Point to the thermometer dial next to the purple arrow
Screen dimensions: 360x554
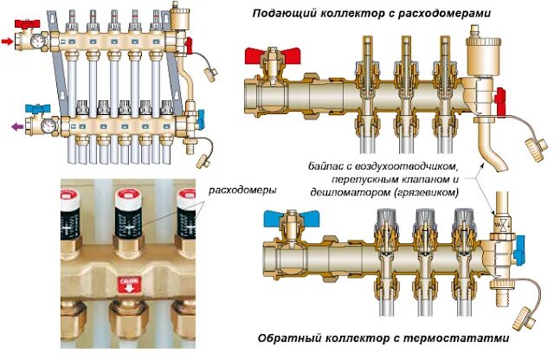(x=39, y=125)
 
